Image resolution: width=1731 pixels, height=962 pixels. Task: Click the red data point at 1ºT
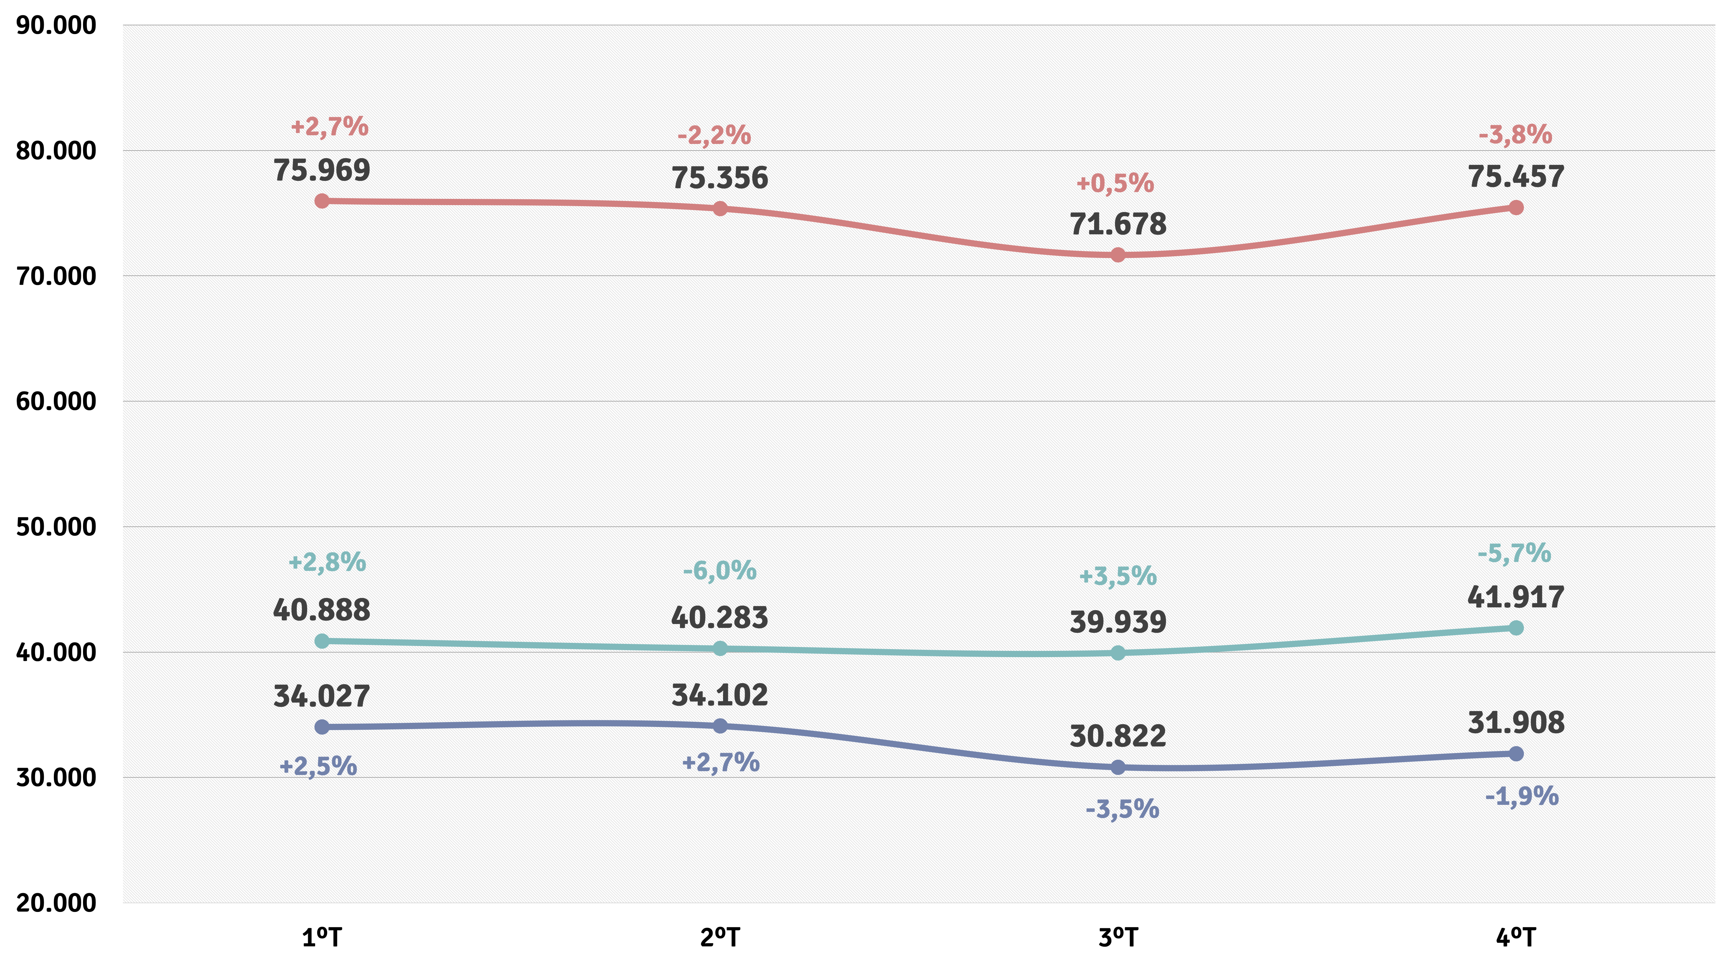pyautogui.click(x=322, y=201)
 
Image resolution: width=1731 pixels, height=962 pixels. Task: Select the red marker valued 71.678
pyautogui.click(x=1117, y=255)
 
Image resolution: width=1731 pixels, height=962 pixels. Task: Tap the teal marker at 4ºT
pyautogui.click(x=1516, y=628)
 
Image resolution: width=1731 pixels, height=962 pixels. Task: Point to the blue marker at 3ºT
pyautogui.click(x=1117, y=767)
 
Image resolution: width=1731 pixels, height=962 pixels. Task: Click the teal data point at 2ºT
pyautogui.click(x=720, y=649)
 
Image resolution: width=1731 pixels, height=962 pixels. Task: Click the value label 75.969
pyautogui.click(x=322, y=170)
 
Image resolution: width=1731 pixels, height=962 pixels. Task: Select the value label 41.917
pyautogui.click(x=1516, y=597)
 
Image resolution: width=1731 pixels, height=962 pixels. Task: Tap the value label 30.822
pyautogui.click(x=1117, y=736)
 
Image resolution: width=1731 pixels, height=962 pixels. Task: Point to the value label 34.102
pyautogui.click(x=720, y=695)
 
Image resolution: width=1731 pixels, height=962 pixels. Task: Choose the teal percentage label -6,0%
pyautogui.click(x=720, y=571)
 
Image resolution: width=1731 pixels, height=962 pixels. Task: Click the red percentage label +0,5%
pyautogui.click(x=1115, y=183)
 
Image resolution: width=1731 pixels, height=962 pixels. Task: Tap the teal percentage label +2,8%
pyautogui.click(x=327, y=562)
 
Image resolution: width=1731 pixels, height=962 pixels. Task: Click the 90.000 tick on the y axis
pyautogui.click(x=56, y=25)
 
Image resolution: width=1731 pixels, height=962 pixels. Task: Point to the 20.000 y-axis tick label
pyautogui.click(x=56, y=903)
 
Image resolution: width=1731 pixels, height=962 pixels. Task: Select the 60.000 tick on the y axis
pyautogui.click(x=56, y=401)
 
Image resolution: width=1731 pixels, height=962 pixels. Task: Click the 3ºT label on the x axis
pyautogui.click(x=1117, y=937)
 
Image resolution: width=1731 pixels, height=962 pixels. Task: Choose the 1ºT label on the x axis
pyautogui.click(x=322, y=937)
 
